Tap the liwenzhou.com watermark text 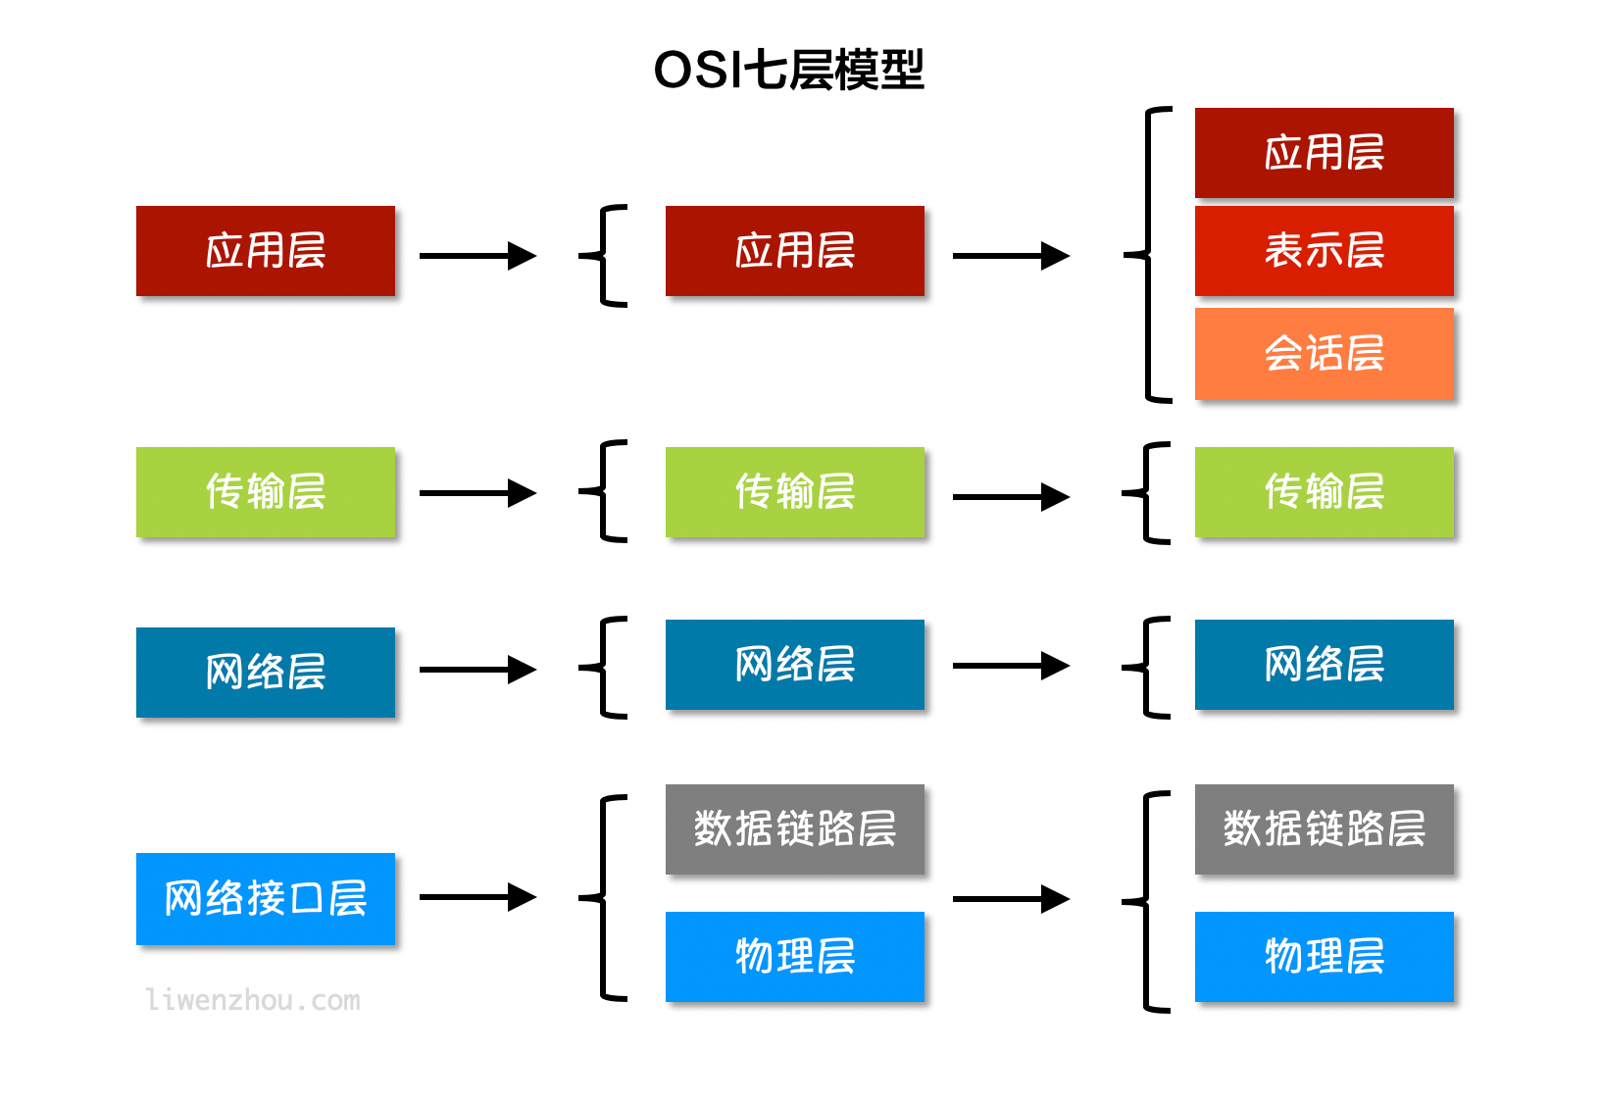[x=253, y=1000]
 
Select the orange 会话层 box [x=1324, y=354]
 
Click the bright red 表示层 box [x=1324, y=251]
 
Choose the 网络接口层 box [x=266, y=898]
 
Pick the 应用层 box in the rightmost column [x=1324, y=153]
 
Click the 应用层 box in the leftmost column [x=266, y=251]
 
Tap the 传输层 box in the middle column [x=794, y=491]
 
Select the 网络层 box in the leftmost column [x=266, y=673]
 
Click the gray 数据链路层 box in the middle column [x=794, y=829]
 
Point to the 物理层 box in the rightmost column [x=1324, y=956]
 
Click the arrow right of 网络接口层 [x=477, y=897]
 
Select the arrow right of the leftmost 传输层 [x=477, y=492]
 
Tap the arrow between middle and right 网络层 [x=1010, y=666]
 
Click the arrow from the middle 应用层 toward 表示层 [x=1010, y=256]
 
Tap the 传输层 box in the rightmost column [x=1324, y=491]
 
